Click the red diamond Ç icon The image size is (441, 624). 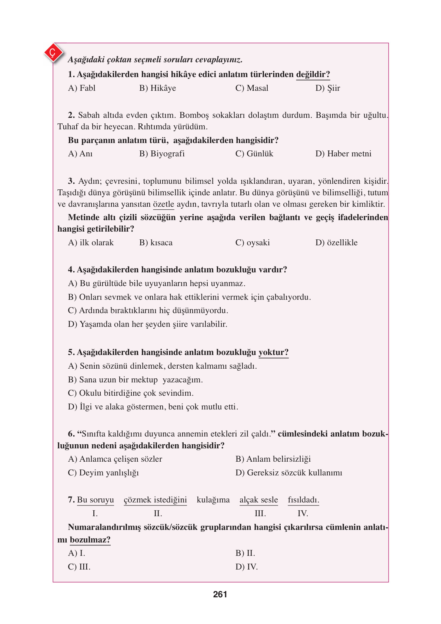coord(53,53)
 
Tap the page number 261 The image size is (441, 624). coord(220,594)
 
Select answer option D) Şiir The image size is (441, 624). coord(327,88)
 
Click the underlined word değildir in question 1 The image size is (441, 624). coord(313,74)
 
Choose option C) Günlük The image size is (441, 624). coord(254,154)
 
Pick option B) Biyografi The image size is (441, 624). coord(162,154)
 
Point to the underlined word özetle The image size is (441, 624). coord(163,204)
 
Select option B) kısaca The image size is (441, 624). coord(156,243)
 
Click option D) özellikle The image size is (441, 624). coord(336,243)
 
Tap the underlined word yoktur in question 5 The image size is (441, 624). coord(273,352)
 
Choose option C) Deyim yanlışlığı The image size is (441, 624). coord(103,473)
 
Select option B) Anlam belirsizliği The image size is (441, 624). coord(273,459)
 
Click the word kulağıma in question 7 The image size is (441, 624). coord(213,500)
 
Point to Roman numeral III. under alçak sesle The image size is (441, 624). coord(260,514)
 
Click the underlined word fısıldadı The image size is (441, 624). coord(303,500)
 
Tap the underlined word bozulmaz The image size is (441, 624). coord(90,540)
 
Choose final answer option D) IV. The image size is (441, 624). coord(247,567)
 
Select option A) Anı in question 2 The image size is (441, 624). coord(80,154)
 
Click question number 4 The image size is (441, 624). coord(71,270)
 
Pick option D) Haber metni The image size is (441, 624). coord(343,154)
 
